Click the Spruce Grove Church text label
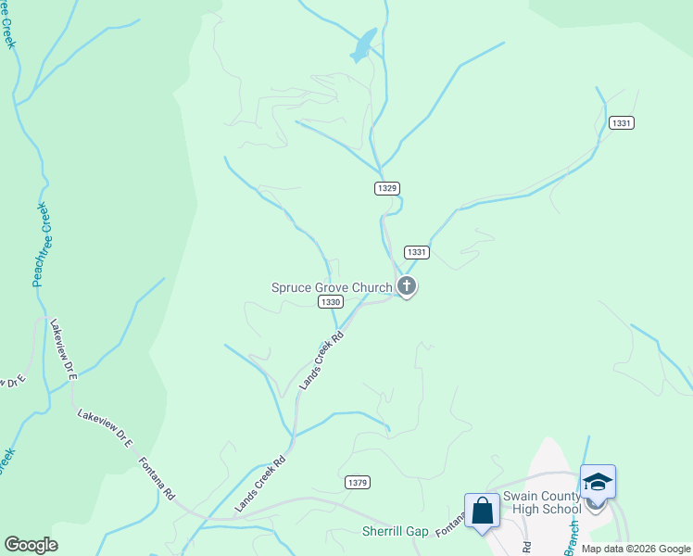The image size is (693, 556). click(x=331, y=287)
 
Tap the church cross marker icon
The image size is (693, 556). click(x=406, y=286)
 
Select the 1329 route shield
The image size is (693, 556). click(x=387, y=188)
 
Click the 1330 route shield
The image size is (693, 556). click(x=330, y=302)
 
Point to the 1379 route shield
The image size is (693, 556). click(x=357, y=482)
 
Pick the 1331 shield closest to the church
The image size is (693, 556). click(x=417, y=252)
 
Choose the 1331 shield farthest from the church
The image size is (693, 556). click(x=621, y=123)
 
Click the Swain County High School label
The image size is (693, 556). click(x=542, y=502)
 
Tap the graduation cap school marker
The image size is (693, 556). click(x=598, y=482)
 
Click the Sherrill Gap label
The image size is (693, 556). click(x=395, y=532)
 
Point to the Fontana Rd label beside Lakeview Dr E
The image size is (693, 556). click(x=157, y=478)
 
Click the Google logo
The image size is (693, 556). click(x=31, y=545)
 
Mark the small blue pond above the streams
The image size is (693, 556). click(x=363, y=46)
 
